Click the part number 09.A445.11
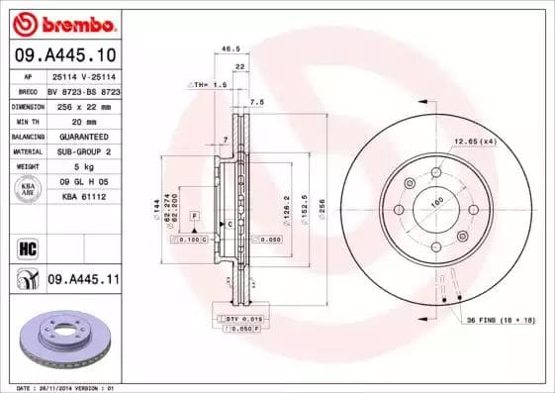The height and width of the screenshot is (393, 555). point(82,281)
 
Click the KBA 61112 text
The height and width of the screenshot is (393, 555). point(82,197)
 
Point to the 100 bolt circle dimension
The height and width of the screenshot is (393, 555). point(436,204)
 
